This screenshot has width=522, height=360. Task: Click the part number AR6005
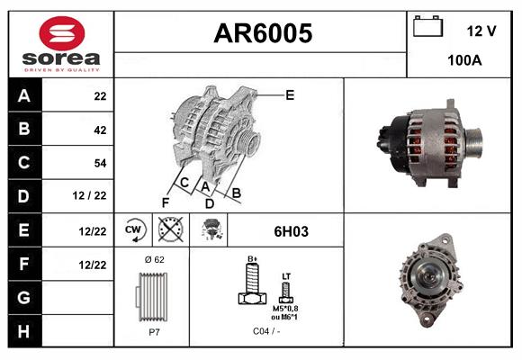[262, 34]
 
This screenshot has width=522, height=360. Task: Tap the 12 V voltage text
[481, 31]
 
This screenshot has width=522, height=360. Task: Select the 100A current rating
[465, 61]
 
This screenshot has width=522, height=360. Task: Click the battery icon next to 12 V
[427, 28]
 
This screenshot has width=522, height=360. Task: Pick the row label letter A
[24, 95]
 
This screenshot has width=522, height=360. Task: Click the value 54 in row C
[100, 163]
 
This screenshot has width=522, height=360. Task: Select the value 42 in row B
[100, 130]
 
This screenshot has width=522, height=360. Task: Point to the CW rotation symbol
[134, 230]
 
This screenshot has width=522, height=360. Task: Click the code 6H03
[290, 231]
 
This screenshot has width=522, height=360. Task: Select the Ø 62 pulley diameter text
[154, 259]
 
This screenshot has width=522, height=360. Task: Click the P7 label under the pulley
[154, 332]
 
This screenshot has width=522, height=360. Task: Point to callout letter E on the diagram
[290, 94]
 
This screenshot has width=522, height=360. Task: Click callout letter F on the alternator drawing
[165, 202]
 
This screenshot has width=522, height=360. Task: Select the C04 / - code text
[265, 332]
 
